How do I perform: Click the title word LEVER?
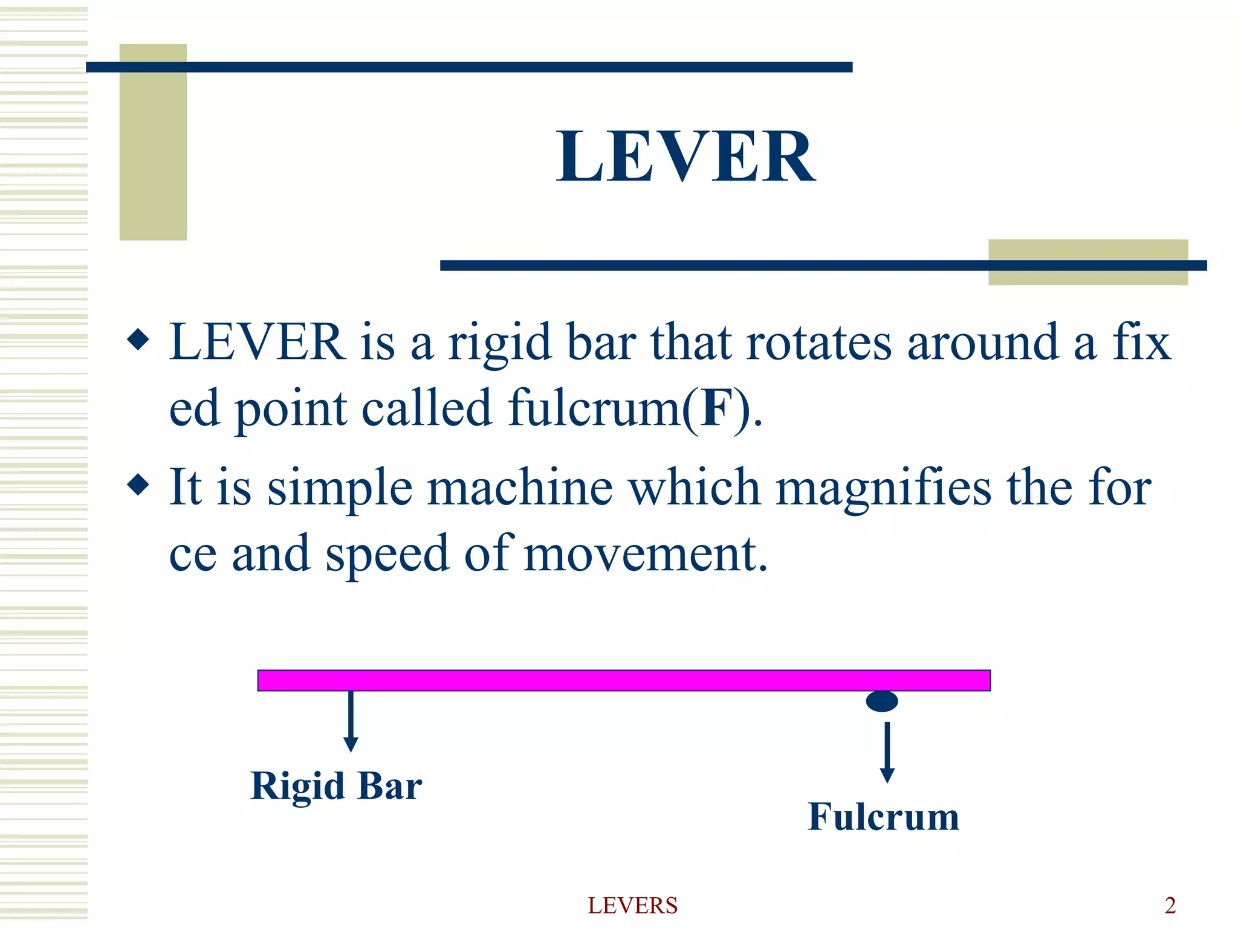tap(686, 157)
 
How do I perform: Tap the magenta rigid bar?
tap(624, 680)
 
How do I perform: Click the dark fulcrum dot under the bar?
tap(882, 701)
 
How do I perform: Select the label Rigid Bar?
tap(336, 786)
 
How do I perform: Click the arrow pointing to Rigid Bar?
tap(351, 721)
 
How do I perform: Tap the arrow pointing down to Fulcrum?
tap(887, 752)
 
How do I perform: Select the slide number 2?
tap(1170, 905)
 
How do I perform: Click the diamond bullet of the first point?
tap(138, 340)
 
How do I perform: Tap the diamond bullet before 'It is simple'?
tap(138, 485)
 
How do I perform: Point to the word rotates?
tap(819, 343)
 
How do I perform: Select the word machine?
tap(520, 488)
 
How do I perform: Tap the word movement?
tap(645, 554)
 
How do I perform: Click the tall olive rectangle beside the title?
tap(153, 143)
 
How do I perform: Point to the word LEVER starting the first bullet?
tap(258, 343)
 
